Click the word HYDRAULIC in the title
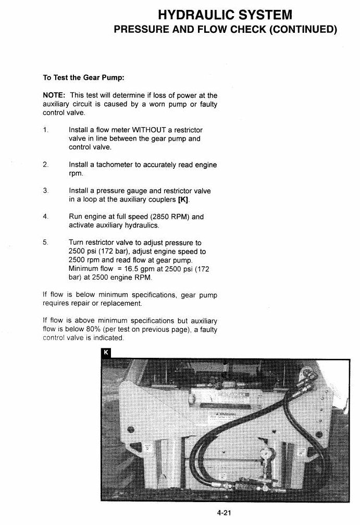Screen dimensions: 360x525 tap(192, 15)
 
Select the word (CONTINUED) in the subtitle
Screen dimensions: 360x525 tap(303, 29)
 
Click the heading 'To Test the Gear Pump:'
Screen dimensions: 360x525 tap(84, 78)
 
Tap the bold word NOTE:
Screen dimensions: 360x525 tap(54, 95)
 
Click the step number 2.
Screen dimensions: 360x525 tap(45, 165)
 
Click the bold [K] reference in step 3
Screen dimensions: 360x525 tap(183, 200)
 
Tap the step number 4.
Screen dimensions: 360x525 tap(45, 217)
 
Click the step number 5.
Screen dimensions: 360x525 tap(45, 242)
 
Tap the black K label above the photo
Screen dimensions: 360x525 tap(106, 353)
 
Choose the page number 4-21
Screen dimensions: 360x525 tap(225, 512)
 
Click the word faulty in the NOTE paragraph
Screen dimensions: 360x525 tap(208, 104)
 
